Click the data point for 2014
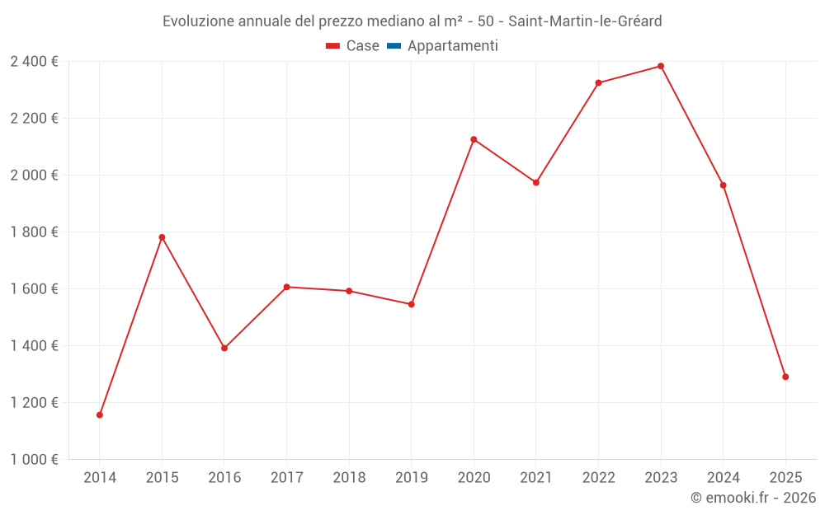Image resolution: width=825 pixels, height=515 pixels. [100, 414]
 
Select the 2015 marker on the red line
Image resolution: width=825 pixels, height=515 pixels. [162, 237]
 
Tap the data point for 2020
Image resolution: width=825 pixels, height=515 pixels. [474, 139]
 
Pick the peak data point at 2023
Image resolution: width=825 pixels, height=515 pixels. [661, 66]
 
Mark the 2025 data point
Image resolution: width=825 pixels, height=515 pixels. [785, 377]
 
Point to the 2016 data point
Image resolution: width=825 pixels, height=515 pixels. [224, 348]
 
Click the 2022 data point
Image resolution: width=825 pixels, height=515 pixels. [598, 82]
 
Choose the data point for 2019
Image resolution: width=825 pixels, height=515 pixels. [412, 304]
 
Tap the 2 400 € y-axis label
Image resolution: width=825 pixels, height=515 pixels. [34, 61]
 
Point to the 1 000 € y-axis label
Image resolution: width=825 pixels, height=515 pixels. [34, 459]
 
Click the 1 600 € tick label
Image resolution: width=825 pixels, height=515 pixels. [34, 288]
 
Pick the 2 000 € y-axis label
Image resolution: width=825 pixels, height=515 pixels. [34, 175]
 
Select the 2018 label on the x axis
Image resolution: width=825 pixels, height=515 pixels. [349, 477]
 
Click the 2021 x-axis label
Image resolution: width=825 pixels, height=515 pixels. [536, 477]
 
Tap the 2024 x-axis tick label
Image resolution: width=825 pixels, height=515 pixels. [724, 477]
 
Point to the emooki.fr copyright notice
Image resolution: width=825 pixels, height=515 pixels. [753, 498]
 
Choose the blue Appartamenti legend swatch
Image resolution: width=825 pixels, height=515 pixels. [394, 46]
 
